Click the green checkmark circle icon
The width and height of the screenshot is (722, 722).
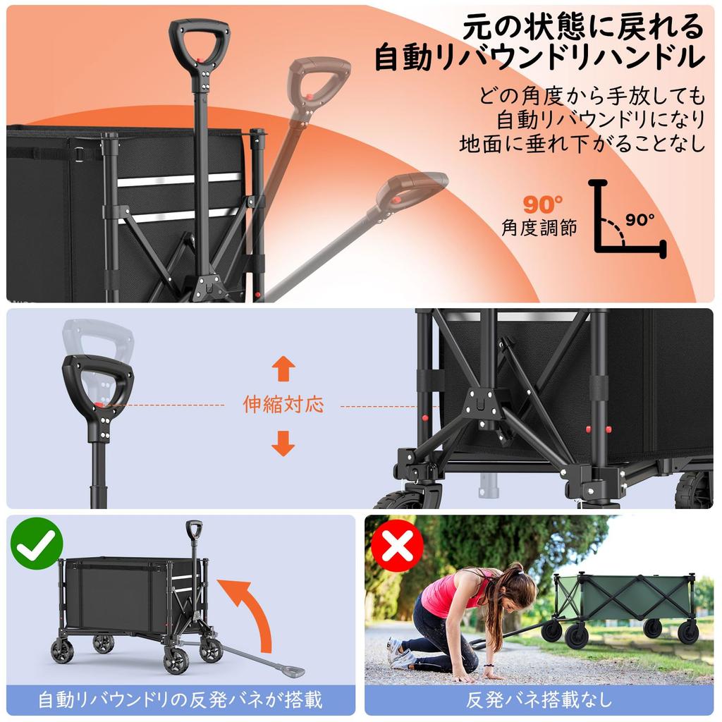pos(37,544)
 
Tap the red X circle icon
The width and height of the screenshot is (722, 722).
pos(397,545)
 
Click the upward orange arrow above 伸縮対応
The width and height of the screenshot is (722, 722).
pos(283,369)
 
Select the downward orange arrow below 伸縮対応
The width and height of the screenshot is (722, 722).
pos(283,443)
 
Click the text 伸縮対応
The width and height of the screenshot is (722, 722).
pos(283,405)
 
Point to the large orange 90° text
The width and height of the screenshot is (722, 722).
pos(542,204)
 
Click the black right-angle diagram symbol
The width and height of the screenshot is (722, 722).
pos(620,219)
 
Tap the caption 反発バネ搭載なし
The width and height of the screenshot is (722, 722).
pos(539,700)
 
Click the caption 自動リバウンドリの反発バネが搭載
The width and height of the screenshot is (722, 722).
pos(180,700)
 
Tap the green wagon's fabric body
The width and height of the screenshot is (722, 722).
pos(620,596)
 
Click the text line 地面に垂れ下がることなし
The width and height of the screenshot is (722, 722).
pos(582,145)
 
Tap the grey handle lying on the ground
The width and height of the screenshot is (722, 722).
pos(254,656)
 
